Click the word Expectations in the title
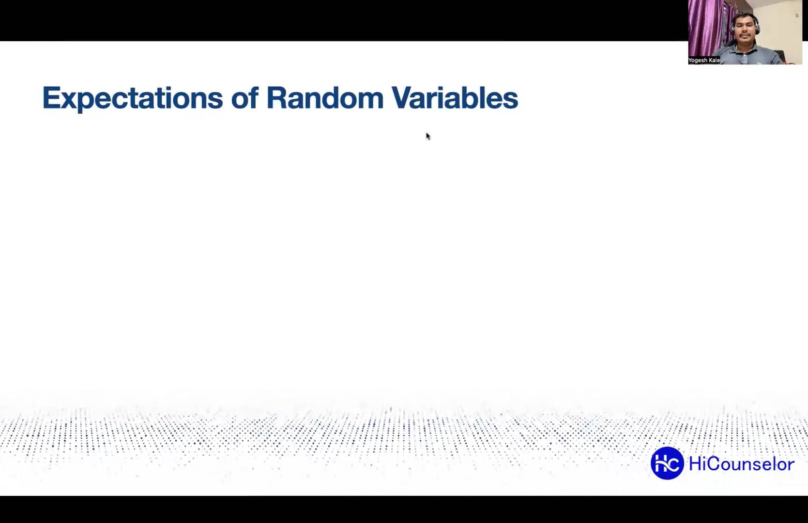click(x=132, y=98)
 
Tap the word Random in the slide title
click(x=325, y=98)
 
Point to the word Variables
click(x=455, y=98)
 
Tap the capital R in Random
click(x=275, y=98)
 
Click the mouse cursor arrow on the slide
click(x=428, y=136)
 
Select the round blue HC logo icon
click(x=667, y=463)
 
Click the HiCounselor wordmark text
click(x=741, y=464)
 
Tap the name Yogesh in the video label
click(x=698, y=61)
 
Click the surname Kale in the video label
click(x=714, y=61)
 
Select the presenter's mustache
click(x=744, y=37)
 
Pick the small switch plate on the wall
click(x=797, y=15)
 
